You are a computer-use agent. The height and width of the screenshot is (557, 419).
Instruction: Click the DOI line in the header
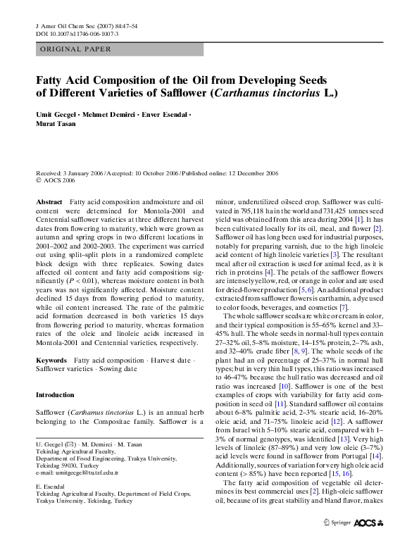67,33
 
